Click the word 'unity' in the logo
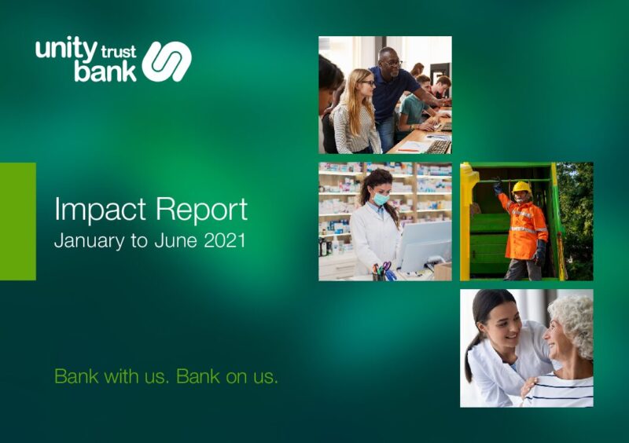(66, 50)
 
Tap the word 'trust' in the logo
(119, 53)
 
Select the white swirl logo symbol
(167, 61)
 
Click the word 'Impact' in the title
(101, 210)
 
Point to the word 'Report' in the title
(202, 210)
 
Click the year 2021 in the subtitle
(225, 241)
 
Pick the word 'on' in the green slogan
(236, 378)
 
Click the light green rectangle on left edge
(17, 222)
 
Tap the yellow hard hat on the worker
(522, 187)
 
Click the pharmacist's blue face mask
(381, 198)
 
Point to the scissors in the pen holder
(386, 268)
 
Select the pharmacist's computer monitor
(425, 245)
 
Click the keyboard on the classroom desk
(439, 147)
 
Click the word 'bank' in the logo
(105, 71)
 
